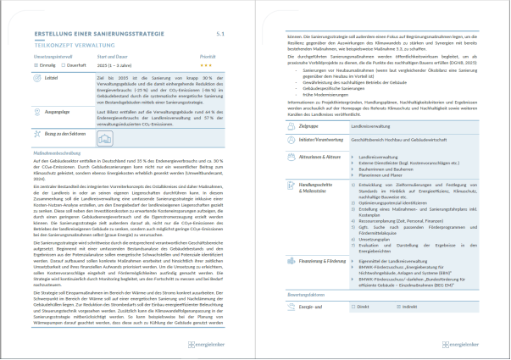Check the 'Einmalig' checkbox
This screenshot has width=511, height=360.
36,63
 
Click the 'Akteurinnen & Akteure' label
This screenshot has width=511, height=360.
315,157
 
